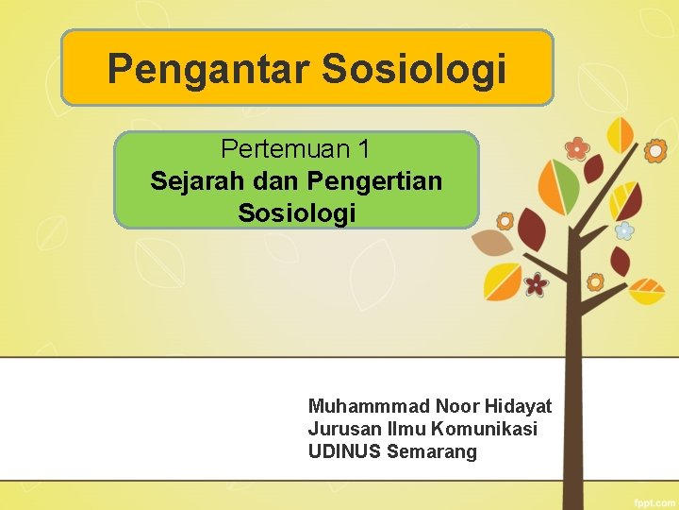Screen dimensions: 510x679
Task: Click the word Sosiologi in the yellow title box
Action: click(x=415, y=69)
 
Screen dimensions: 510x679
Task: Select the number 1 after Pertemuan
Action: click(x=363, y=149)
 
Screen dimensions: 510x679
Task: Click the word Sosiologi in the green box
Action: click(x=297, y=212)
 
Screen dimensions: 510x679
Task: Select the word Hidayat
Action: click(x=519, y=406)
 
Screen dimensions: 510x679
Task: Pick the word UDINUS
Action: click(x=343, y=451)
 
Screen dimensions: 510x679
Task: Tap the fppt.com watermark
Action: click(x=654, y=498)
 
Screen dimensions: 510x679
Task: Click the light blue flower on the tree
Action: click(x=623, y=229)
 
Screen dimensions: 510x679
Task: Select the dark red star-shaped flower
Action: click(x=536, y=283)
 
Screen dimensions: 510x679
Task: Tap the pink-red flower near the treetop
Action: click(x=576, y=147)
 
